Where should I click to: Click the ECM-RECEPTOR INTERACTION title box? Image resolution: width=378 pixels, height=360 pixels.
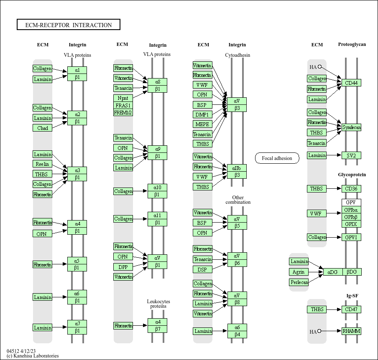(69, 25)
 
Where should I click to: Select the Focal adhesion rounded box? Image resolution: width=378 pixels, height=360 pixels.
(277, 158)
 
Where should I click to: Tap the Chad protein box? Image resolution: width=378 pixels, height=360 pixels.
(43, 128)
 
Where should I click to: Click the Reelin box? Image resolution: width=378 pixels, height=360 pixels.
(42, 164)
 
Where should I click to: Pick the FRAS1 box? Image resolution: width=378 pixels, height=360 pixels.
(123, 105)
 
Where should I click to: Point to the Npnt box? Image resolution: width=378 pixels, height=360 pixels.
(123, 98)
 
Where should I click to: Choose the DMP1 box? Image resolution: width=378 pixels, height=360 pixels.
(202, 114)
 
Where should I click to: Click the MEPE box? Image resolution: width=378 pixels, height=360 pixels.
(202, 124)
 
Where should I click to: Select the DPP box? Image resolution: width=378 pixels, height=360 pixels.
(123, 266)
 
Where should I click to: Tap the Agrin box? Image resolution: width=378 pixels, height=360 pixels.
(299, 272)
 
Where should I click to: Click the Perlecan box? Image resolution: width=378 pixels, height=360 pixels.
(299, 282)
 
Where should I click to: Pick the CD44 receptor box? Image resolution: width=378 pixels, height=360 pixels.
(351, 83)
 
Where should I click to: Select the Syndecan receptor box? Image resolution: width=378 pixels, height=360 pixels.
(351, 127)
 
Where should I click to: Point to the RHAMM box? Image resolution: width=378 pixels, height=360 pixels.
(351, 331)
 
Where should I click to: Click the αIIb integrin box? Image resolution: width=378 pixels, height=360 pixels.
(237, 168)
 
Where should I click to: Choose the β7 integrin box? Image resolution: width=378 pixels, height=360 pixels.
(157, 329)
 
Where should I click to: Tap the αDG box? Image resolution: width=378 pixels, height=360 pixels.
(333, 272)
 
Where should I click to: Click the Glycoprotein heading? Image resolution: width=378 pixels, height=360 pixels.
(352, 175)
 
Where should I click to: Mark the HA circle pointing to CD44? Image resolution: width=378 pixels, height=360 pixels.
(319, 66)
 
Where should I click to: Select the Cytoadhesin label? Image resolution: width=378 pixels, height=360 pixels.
(238, 55)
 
